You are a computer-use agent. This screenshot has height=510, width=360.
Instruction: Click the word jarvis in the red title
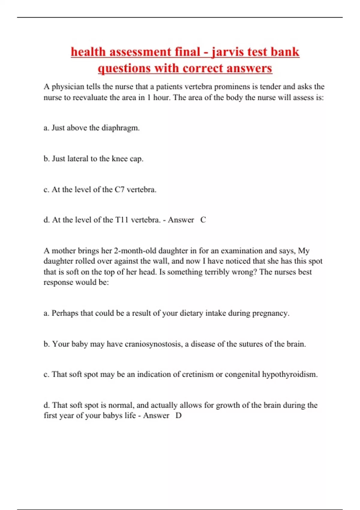point(227,52)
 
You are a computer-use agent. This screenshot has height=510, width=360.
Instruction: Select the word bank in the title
point(285,52)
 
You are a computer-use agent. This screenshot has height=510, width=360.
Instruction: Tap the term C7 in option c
point(119,190)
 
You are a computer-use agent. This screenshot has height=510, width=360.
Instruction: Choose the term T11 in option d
point(122,220)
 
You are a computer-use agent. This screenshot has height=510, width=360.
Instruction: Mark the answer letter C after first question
point(203,220)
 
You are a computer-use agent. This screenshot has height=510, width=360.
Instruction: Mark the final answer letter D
point(178,416)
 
